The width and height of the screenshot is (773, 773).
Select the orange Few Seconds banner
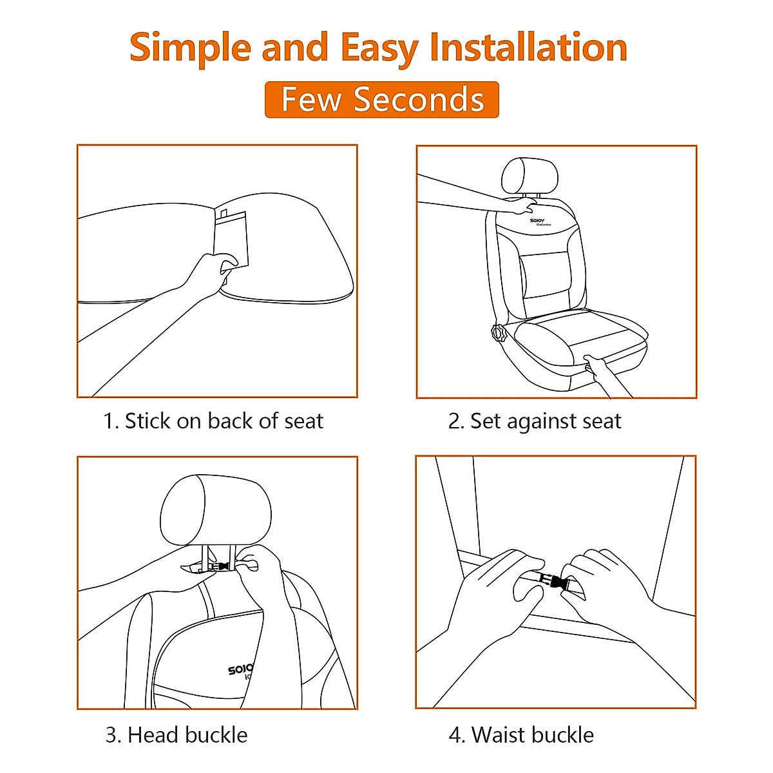[x=382, y=99]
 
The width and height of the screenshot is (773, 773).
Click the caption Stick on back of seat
[x=213, y=421]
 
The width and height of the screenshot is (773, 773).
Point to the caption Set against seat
[x=535, y=421]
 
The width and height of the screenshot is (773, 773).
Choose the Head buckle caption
[x=177, y=735]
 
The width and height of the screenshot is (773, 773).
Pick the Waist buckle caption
[x=521, y=735]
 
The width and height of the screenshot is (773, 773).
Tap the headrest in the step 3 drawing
[x=215, y=510]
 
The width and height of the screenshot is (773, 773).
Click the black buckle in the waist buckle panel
[x=553, y=581]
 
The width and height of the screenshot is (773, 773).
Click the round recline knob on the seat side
[x=498, y=332]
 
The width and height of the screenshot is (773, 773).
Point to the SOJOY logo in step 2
[x=539, y=222]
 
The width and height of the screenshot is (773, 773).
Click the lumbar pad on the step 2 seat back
[x=544, y=275]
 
